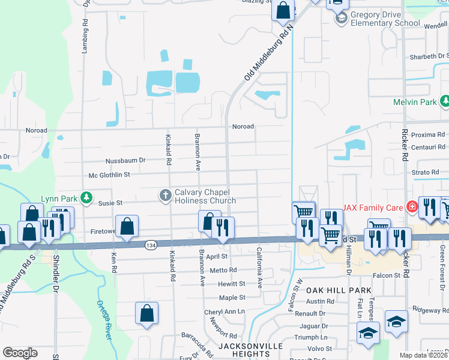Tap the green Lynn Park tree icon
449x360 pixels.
87,197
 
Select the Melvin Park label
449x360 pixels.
415,102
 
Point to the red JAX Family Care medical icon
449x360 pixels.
412,208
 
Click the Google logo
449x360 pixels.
20,353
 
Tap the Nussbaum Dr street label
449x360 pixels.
125,160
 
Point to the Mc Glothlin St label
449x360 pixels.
109,175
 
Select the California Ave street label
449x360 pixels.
260,268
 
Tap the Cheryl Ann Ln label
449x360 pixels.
224,312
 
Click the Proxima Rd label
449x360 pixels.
428,135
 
